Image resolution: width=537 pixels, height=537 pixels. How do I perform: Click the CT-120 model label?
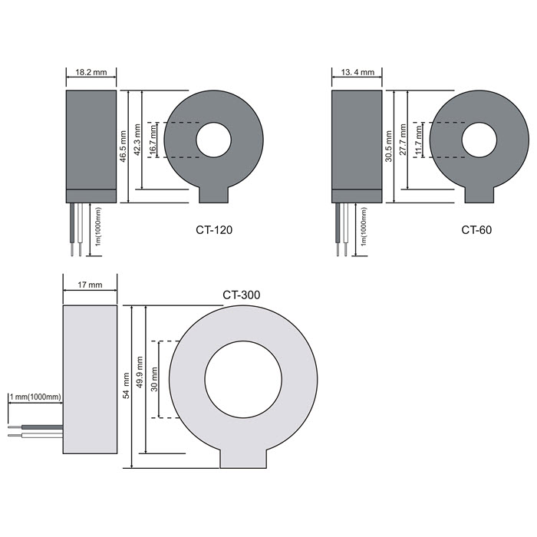(x=214, y=229)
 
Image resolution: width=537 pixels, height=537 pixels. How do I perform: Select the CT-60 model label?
(x=476, y=229)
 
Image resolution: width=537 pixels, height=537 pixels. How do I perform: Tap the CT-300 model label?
(x=242, y=295)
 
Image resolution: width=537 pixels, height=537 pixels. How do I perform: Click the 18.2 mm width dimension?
(x=91, y=72)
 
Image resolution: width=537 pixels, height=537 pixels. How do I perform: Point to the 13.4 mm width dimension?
(x=357, y=72)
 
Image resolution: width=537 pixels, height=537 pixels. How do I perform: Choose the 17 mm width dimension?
(x=90, y=285)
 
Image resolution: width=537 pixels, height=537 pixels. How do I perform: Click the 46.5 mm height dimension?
(x=124, y=147)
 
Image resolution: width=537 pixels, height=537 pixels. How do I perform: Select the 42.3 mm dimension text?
(x=137, y=140)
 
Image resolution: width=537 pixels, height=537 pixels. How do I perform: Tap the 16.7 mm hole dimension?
(x=153, y=140)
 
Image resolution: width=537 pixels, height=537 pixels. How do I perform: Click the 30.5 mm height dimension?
(x=389, y=147)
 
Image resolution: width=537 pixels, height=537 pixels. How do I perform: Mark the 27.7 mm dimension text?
(x=403, y=140)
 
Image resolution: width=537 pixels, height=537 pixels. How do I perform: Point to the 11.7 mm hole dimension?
(x=419, y=140)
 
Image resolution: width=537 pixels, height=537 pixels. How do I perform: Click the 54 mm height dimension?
(x=126, y=386)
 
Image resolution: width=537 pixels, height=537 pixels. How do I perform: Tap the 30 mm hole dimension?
(x=154, y=379)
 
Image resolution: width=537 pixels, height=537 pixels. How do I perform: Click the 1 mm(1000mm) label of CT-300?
(x=35, y=397)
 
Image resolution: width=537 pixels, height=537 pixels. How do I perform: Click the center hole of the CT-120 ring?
(x=214, y=140)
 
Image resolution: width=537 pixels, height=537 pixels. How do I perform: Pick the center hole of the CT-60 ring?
(x=479, y=140)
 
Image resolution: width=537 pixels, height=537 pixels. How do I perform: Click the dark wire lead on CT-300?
(x=42, y=427)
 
